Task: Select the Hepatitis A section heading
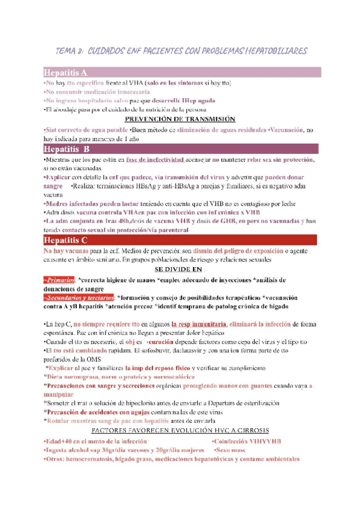(66, 72)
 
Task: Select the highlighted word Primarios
(59, 279)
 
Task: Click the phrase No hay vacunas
(66, 250)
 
